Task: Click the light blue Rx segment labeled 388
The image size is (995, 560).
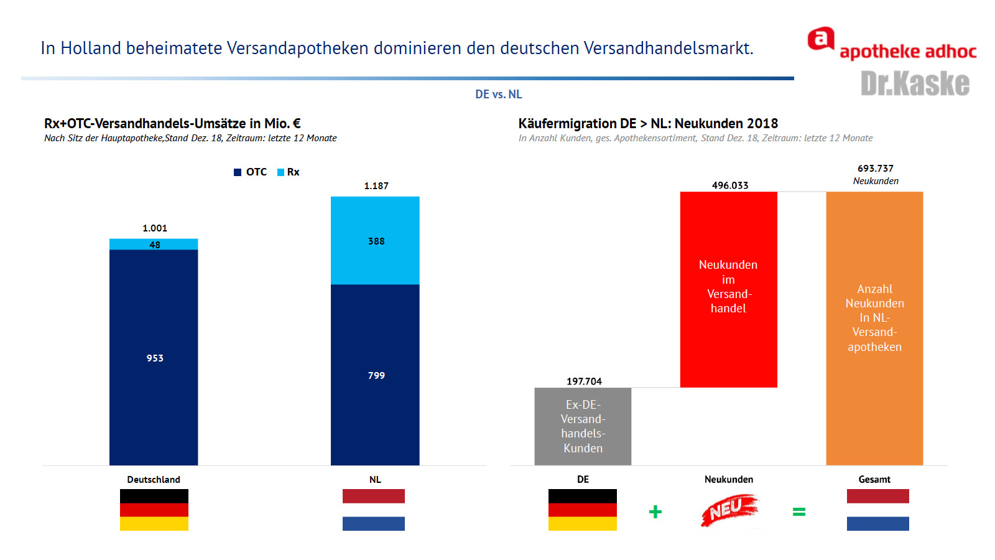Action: (x=375, y=241)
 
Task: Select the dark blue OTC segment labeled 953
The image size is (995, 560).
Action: (x=154, y=357)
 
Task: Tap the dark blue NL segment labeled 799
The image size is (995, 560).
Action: (x=375, y=375)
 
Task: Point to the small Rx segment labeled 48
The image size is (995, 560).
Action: (x=154, y=245)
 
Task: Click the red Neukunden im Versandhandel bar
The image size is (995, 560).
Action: (x=728, y=289)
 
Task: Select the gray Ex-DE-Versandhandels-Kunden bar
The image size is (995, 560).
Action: (x=583, y=426)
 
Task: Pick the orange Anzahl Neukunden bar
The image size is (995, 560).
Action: (x=874, y=328)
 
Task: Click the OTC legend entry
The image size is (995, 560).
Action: (x=251, y=172)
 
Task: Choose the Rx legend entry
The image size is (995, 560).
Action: (x=289, y=172)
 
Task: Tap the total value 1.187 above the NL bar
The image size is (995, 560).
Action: (x=376, y=186)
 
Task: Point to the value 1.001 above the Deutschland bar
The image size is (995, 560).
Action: (x=155, y=228)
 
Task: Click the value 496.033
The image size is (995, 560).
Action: (x=730, y=185)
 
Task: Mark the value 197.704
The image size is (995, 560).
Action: (x=584, y=381)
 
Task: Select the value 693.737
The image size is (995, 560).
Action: (x=876, y=169)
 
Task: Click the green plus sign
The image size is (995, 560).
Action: (x=655, y=512)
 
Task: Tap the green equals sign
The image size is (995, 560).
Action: (x=799, y=512)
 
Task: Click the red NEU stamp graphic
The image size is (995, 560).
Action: (x=729, y=510)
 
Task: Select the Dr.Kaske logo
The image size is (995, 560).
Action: (x=915, y=83)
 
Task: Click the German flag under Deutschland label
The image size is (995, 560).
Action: (x=154, y=510)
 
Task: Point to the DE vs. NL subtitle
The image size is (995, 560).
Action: (x=499, y=95)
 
